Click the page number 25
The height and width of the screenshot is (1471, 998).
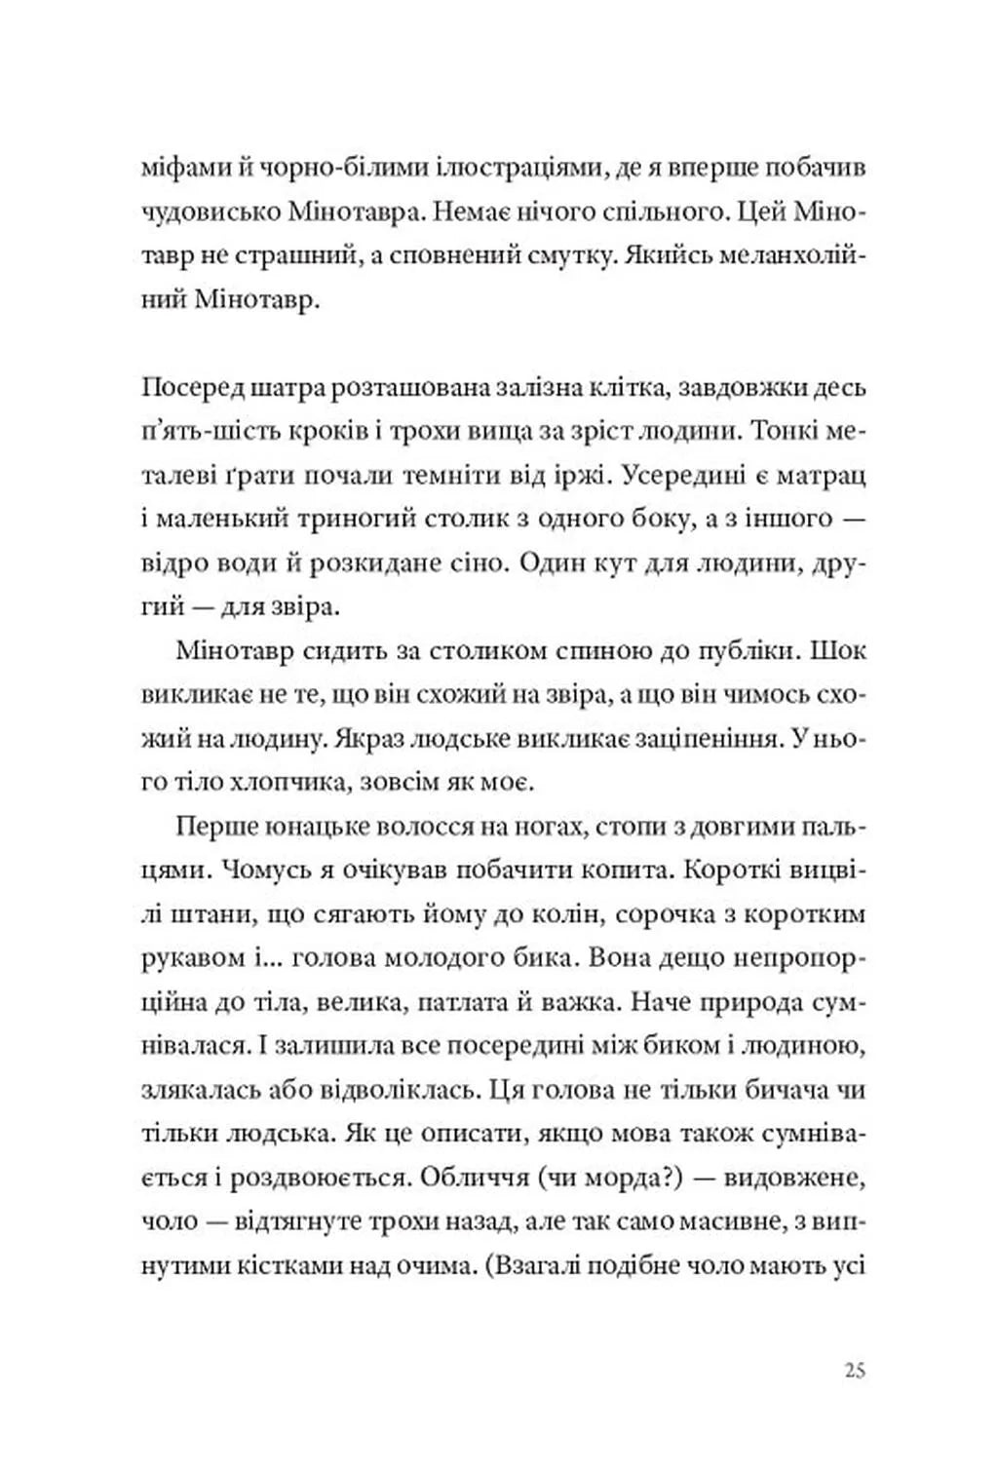(855, 1371)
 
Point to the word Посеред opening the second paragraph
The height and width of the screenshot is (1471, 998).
(189, 388)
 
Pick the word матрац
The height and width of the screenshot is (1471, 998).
(819, 476)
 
